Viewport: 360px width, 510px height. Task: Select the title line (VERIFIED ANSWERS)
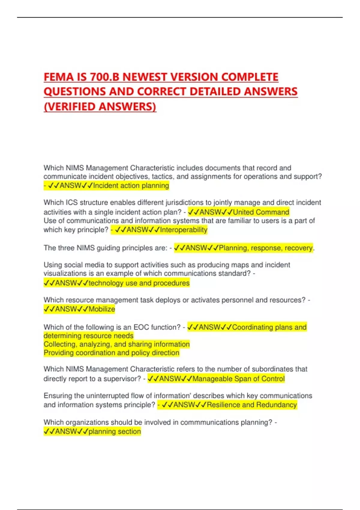tap(100, 106)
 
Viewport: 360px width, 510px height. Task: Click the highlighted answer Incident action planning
tap(131, 186)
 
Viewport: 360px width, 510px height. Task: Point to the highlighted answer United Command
tap(261, 212)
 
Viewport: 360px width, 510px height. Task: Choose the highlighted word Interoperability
tap(184, 230)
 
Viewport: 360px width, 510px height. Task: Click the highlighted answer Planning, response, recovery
tap(266, 248)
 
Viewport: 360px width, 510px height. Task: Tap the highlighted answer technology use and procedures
tap(139, 283)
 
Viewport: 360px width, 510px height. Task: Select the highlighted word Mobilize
tap(102, 309)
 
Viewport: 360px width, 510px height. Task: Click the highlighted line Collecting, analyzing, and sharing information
tap(116, 344)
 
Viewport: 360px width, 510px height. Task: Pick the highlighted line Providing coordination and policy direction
tap(111, 353)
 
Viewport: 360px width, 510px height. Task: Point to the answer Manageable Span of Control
tap(238, 379)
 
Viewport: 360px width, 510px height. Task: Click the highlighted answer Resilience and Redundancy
tap(252, 405)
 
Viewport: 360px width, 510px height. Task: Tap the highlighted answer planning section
tap(115, 431)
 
